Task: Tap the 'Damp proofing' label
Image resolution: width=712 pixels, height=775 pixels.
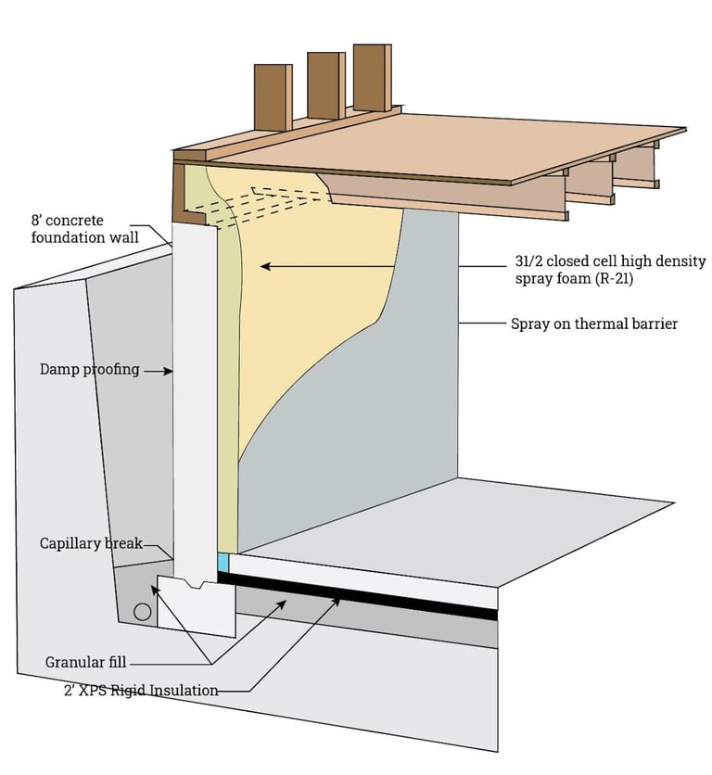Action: tap(89, 369)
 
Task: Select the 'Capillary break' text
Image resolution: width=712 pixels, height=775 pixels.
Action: tap(91, 543)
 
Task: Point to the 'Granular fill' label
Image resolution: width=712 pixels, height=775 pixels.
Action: tap(85, 662)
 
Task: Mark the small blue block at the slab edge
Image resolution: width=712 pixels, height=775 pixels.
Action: tap(222, 563)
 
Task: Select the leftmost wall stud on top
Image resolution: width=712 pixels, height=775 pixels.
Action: tap(272, 97)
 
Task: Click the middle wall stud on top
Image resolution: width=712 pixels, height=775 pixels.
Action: tap(324, 85)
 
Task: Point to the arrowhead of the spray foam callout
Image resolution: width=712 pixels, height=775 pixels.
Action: tap(265, 266)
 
